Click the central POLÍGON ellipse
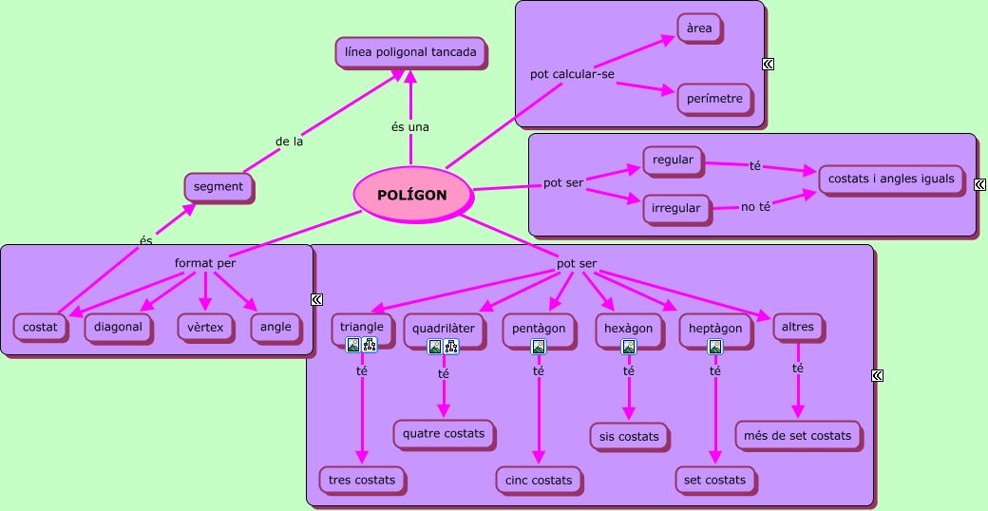click(412, 196)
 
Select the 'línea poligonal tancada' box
click(410, 52)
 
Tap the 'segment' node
click(218, 186)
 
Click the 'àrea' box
click(699, 28)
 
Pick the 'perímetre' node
click(714, 99)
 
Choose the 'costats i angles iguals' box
click(891, 179)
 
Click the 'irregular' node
click(676, 208)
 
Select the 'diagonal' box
click(118, 327)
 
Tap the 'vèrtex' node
click(205, 328)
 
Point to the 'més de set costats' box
click(797, 435)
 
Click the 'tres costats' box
click(362, 480)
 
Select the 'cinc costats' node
click(539, 480)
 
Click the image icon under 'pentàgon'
click(538, 347)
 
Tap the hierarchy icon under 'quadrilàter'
click(451, 346)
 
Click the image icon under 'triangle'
click(352, 344)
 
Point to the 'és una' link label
click(410, 126)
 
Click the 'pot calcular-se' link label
click(572, 74)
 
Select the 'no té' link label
click(755, 207)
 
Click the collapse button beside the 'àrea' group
click(769, 64)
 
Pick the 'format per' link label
click(205, 263)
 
